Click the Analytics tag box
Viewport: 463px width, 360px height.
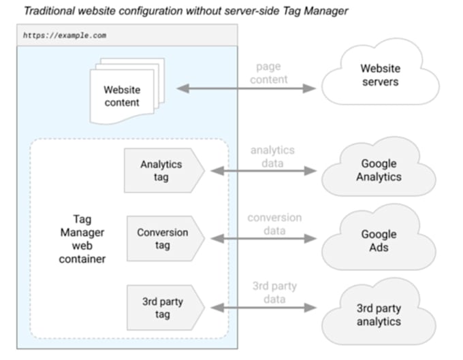click(x=164, y=171)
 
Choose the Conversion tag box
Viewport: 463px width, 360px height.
click(x=165, y=238)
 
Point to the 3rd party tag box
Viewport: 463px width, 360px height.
click(x=165, y=308)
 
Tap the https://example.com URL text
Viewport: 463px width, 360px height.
click(x=65, y=35)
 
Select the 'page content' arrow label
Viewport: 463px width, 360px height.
click(x=268, y=73)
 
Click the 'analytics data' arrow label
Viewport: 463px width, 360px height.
click(x=272, y=157)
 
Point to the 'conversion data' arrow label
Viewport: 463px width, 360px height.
click(x=274, y=224)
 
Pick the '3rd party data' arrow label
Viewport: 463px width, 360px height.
click(x=274, y=293)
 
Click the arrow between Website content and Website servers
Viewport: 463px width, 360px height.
click(x=246, y=88)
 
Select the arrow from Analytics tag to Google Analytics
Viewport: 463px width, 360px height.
click(x=264, y=171)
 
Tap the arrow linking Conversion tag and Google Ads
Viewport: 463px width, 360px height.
click(x=264, y=238)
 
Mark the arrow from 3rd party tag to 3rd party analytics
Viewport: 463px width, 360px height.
click(x=264, y=308)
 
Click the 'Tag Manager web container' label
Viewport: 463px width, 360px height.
click(x=82, y=239)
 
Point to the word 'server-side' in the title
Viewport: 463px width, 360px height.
click(x=252, y=11)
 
